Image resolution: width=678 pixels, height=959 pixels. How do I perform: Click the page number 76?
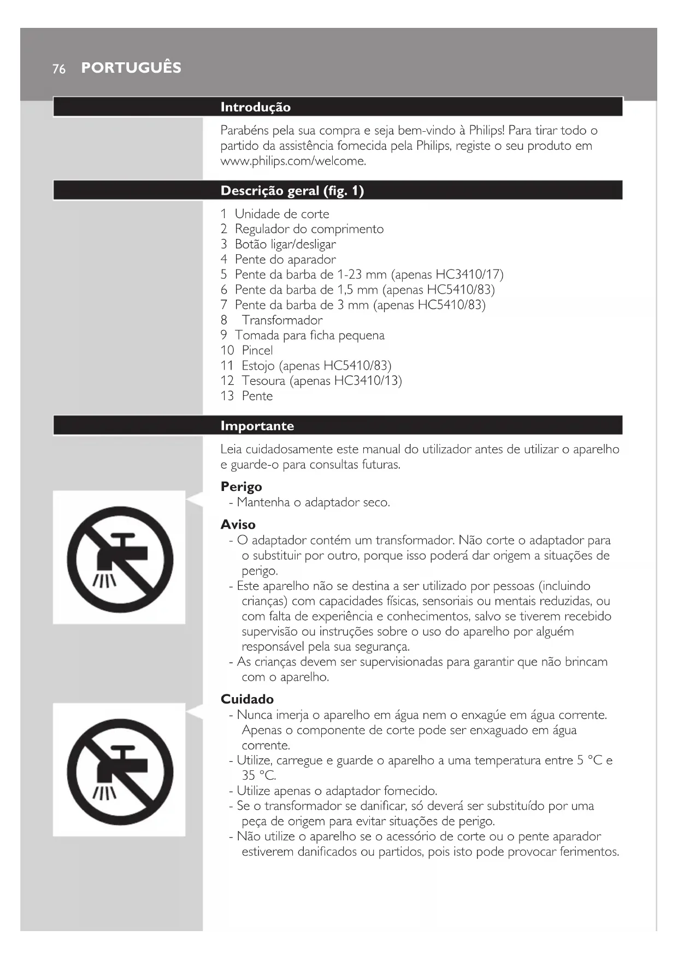coord(59,69)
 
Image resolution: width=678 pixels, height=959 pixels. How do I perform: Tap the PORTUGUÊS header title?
coord(131,68)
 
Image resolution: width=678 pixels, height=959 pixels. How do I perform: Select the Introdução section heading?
coord(255,107)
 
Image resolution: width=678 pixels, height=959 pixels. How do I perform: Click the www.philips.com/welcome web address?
coord(293,161)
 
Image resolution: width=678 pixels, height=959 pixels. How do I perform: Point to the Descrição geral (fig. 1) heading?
coord(292,191)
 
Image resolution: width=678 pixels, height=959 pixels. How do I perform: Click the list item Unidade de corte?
coord(282,214)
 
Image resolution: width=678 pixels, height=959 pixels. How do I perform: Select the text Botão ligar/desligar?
coord(285,244)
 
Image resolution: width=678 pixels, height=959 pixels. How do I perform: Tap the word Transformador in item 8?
coord(282,320)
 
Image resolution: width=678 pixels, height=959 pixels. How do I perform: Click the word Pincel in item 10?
coord(257,350)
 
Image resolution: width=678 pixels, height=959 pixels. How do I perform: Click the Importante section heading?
coord(257,426)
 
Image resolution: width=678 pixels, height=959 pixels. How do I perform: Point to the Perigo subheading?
coord(241,487)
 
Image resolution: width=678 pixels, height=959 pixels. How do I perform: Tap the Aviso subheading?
coord(238,525)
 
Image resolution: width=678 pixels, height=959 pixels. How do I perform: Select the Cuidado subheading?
coord(247,699)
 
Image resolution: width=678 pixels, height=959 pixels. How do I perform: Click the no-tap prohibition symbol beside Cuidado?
coord(120,771)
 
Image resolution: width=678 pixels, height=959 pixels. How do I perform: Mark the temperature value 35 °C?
coord(258,776)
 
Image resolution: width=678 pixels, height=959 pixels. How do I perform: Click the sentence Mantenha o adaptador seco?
coord(314,502)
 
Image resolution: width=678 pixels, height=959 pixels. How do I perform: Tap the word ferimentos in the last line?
coord(586,852)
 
